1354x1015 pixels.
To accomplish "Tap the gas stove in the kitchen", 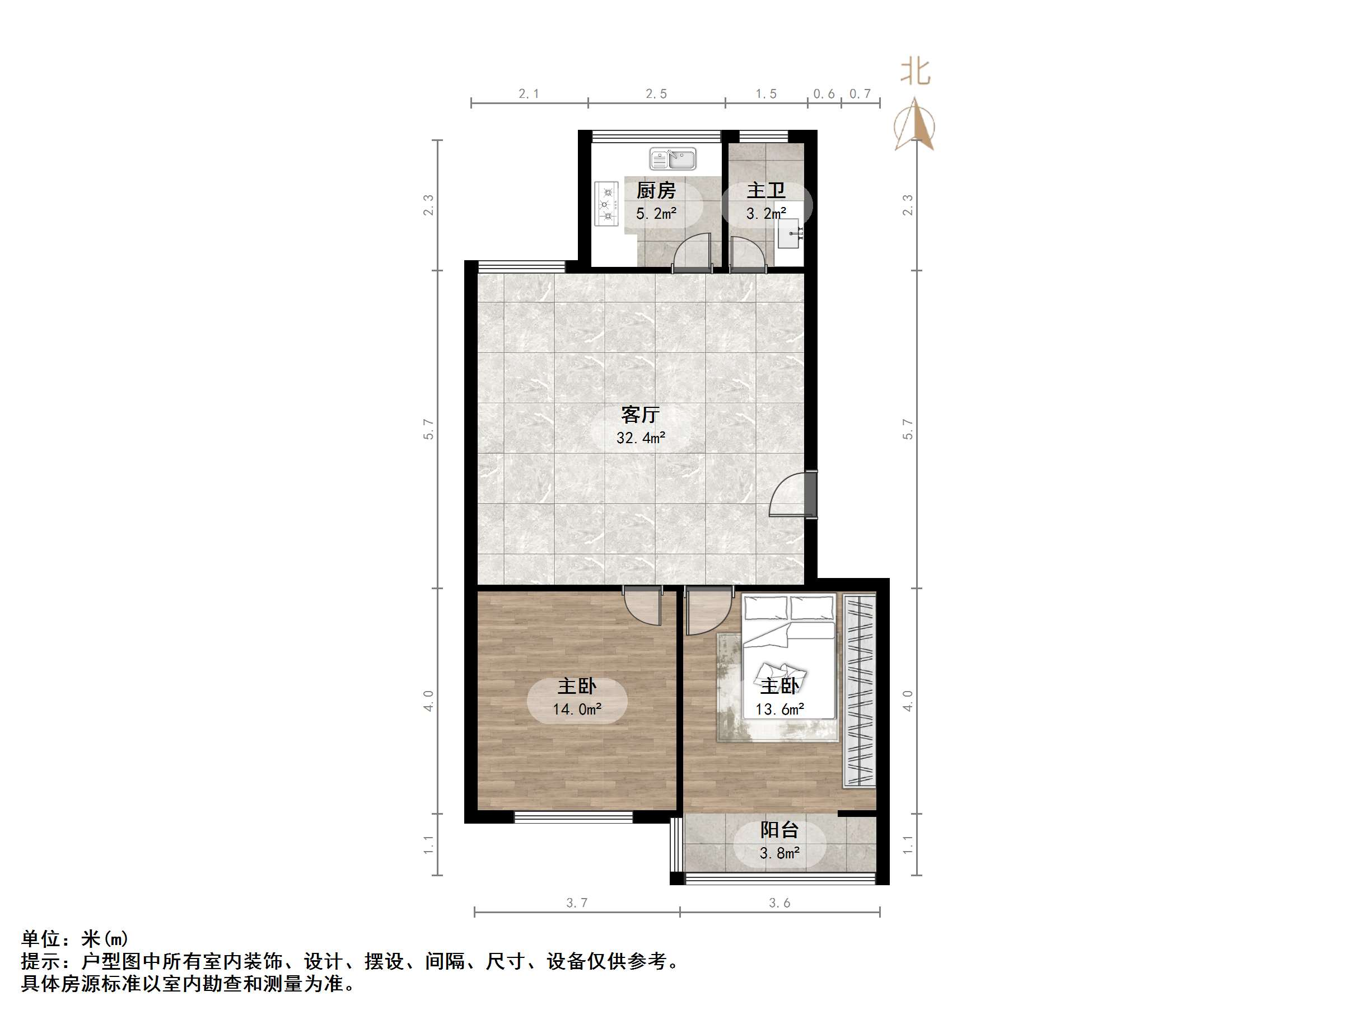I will pyautogui.click(x=606, y=203).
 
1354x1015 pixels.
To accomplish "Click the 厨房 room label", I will pyautogui.click(x=656, y=191).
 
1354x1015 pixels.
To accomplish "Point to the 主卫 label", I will pyautogui.click(x=766, y=191).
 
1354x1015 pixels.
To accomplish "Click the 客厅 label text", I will pyautogui.click(x=640, y=415).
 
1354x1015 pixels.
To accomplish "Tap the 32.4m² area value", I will pyautogui.click(x=640, y=438).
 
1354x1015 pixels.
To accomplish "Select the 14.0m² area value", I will pyautogui.click(x=577, y=709).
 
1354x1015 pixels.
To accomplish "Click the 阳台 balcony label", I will pyautogui.click(x=779, y=830).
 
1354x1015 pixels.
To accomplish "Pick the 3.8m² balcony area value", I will pyautogui.click(x=779, y=853).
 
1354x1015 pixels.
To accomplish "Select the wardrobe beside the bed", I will pyautogui.click(x=860, y=690).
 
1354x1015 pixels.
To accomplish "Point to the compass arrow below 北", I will pyautogui.click(x=914, y=125).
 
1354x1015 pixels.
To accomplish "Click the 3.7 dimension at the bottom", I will pyautogui.click(x=577, y=903).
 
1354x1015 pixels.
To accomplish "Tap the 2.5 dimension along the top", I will pyautogui.click(x=656, y=94).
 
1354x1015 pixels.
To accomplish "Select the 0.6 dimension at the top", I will pyautogui.click(x=824, y=94).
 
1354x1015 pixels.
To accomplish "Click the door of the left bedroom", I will pyautogui.click(x=643, y=605).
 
